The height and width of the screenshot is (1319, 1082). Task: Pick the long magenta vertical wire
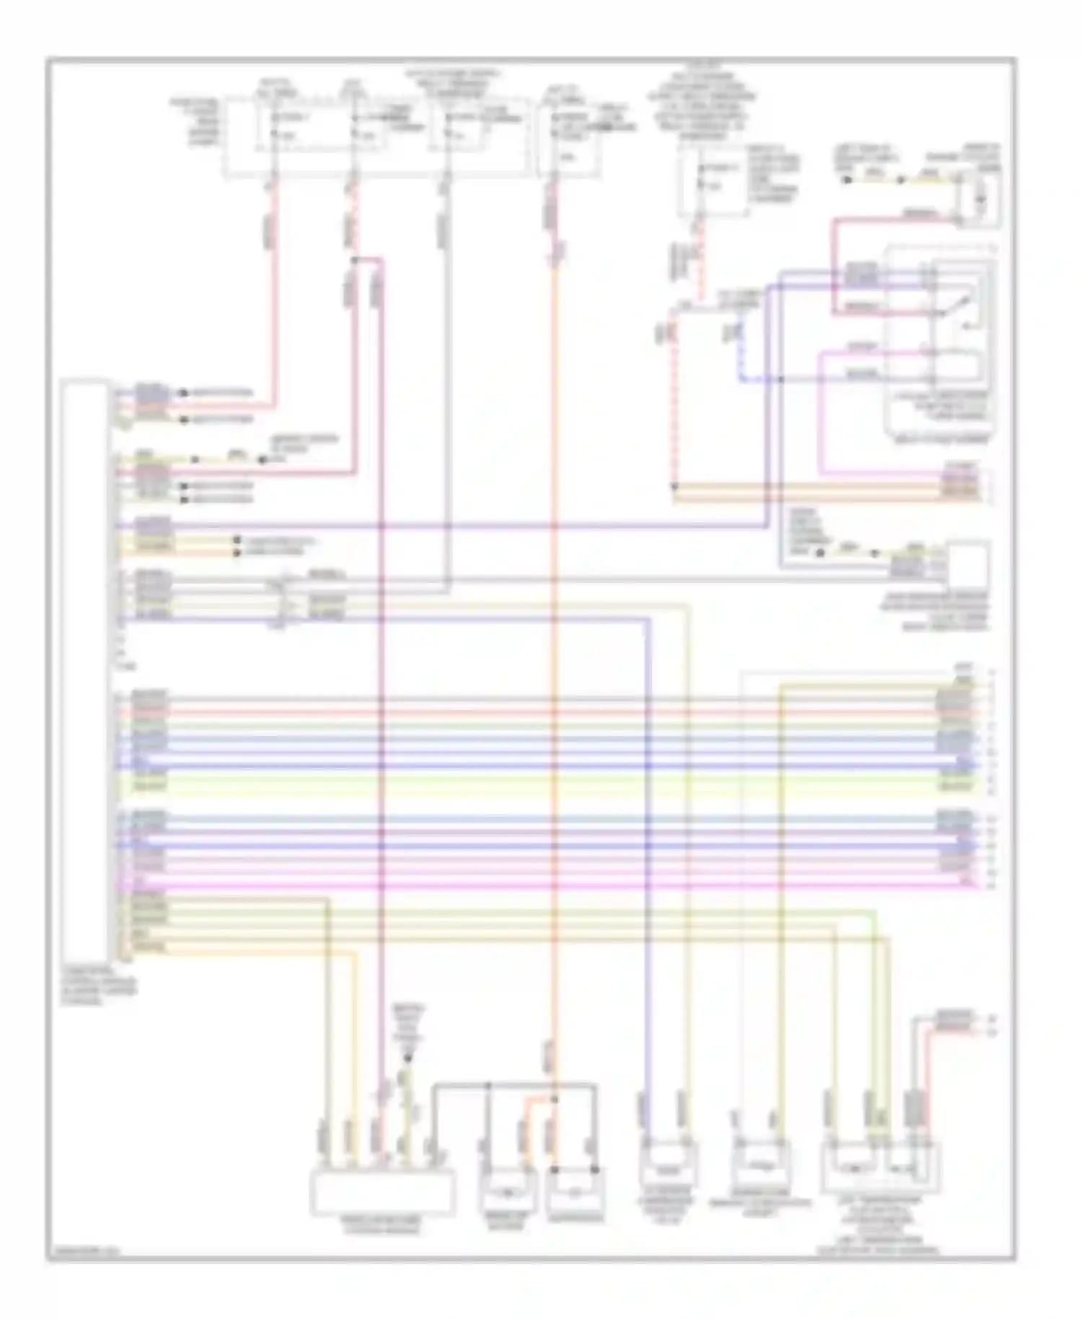pyautogui.click(x=382, y=649)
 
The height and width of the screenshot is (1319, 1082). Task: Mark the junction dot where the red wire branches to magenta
pyautogui.click(x=354, y=259)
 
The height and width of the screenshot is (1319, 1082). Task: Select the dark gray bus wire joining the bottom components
pyautogui.click(x=516, y=1084)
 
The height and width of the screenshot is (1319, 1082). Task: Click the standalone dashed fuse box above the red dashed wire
pyautogui.click(x=713, y=180)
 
